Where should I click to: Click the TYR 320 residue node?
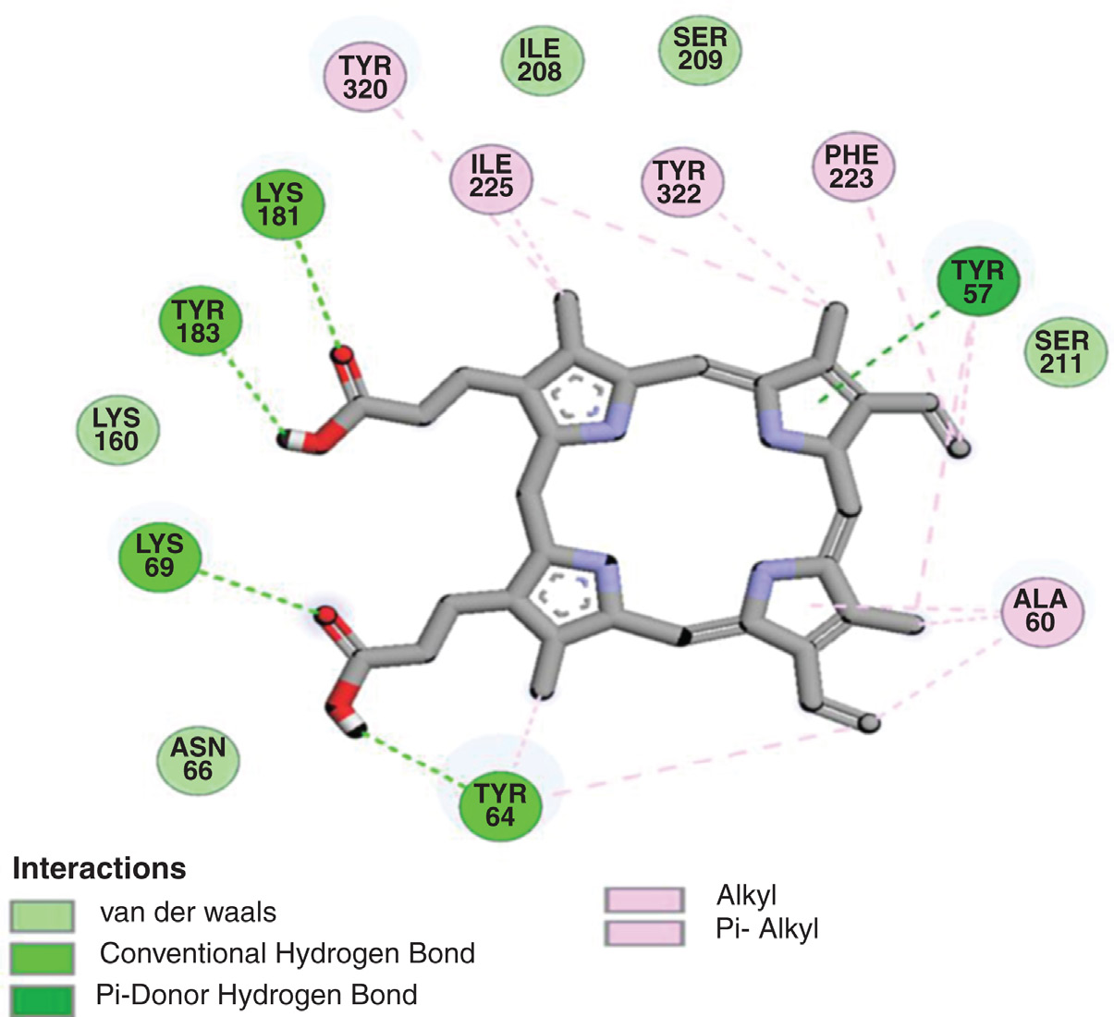[366, 78]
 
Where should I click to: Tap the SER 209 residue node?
[701, 49]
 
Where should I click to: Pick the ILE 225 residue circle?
[491, 177]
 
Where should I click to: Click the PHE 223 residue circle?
[851, 166]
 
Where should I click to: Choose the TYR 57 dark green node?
[977, 282]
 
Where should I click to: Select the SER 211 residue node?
[1061, 352]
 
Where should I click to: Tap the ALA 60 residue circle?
[1040, 610]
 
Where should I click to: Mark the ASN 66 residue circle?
[198, 759]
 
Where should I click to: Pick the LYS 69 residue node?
[159, 556]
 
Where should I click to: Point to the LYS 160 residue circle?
[116, 430]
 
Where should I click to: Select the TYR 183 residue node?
[198, 321]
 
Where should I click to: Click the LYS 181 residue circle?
[279, 204]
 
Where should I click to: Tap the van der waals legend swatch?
[42, 915]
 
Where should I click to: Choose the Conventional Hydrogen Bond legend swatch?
[42, 957]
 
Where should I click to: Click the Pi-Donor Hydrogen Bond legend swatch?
[42, 999]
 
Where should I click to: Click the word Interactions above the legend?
[99, 869]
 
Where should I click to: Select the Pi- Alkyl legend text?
[767, 928]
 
